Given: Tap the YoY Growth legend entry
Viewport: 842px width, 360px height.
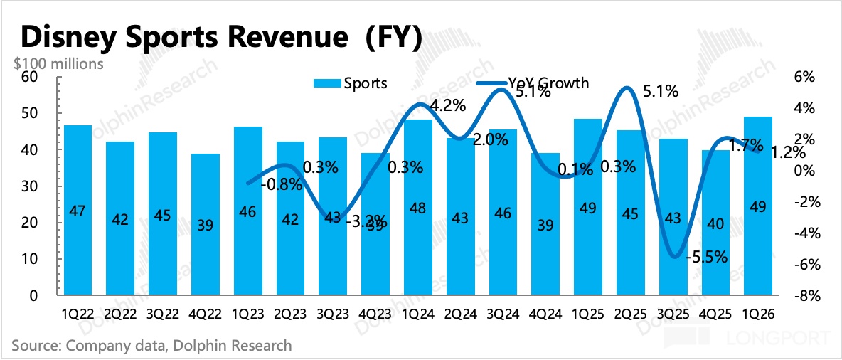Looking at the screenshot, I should pyautogui.click(x=548, y=83).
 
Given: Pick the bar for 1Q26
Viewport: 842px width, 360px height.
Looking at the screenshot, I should pyautogui.click(x=758, y=206).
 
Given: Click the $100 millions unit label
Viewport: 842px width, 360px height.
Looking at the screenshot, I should pyautogui.click(x=58, y=63).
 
